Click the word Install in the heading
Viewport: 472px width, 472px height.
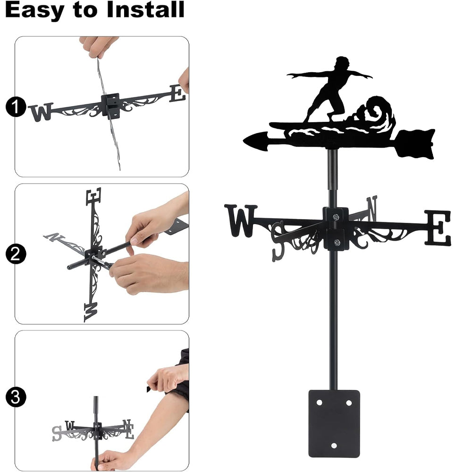tap(145, 9)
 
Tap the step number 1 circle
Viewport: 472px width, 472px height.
tap(16, 107)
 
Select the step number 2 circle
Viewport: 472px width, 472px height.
tap(16, 254)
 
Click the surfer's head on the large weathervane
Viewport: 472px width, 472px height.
tap(342, 64)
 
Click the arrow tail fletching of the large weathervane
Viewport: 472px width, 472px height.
tap(416, 143)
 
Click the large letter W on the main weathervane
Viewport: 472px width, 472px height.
tap(241, 220)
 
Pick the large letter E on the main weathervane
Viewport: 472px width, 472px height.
tap(438, 228)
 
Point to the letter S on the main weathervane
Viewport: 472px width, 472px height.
tap(278, 241)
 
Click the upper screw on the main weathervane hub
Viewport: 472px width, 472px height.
tap(336, 217)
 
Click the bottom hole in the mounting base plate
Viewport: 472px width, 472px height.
tap(334, 445)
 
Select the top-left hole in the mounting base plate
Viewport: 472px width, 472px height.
tap(319, 403)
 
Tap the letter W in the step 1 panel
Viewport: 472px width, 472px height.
tap(41, 112)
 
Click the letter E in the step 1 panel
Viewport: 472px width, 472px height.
tap(177, 93)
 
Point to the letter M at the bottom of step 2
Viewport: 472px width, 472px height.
tap(91, 312)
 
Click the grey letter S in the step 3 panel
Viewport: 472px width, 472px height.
tap(57, 433)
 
